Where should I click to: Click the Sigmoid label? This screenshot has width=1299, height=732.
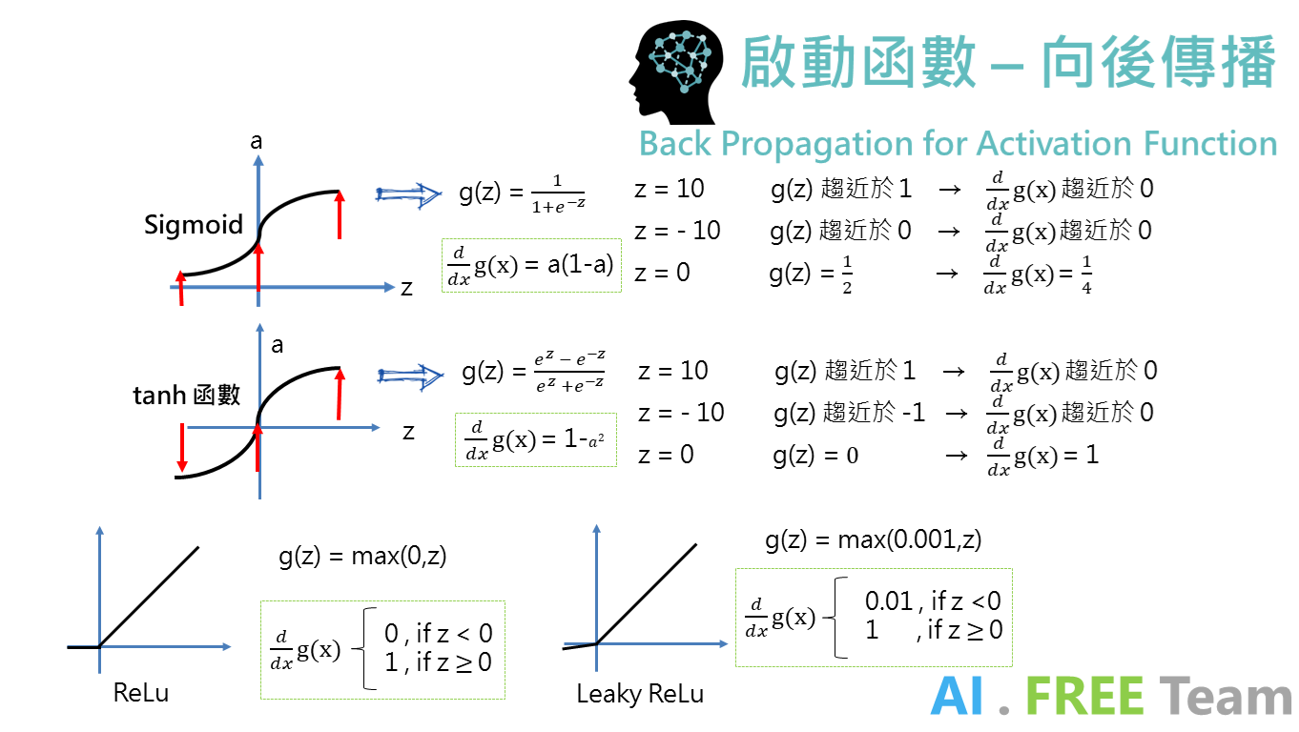(x=195, y=225)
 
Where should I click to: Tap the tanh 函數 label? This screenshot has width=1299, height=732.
(x=187, y=395)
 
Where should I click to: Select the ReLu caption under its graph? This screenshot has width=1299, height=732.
(x=140, y=693)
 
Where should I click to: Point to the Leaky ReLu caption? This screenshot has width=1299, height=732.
(x=640, y=694)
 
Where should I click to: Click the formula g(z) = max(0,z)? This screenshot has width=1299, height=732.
(x=362, y=556)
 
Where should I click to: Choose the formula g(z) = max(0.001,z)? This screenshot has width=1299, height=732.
(x=873, y=540)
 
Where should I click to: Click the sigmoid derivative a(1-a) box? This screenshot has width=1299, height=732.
(x=531, y=265)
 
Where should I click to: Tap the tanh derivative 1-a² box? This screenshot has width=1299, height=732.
(x=536, y=439)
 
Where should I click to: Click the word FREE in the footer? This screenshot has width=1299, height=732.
(x=1083, y=697)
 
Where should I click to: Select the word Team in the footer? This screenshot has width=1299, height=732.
(x=1226, y=697)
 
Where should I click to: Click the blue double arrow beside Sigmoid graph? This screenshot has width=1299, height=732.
(x=408, y=194)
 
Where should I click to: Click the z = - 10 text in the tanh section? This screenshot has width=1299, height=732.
(x=680, y=413)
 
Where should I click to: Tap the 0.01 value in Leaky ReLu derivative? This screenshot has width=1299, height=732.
(x=888, y=600)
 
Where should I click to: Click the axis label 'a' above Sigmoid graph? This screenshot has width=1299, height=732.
(x=256, y=142)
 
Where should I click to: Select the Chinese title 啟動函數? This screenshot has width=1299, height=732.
(x=857, y=63)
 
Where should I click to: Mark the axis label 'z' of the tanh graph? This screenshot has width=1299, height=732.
(x=408, y=433)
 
